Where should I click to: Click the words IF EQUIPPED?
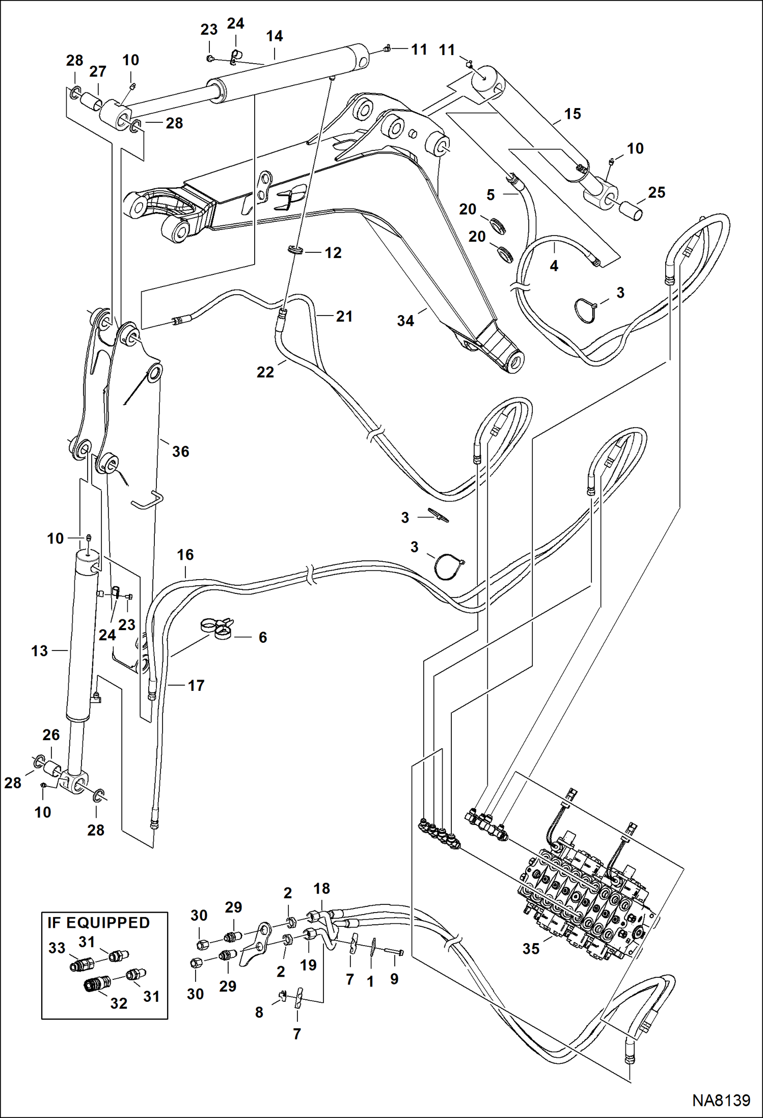coord(98,923)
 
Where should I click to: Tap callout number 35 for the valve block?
coord(530,949)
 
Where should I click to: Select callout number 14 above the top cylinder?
coord(275,36)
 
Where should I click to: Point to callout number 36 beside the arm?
coord(180,451)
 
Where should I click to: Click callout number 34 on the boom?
coord(405,321)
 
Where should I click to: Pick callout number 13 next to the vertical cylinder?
coord(39,651)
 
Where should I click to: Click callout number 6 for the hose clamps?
coord(263,637)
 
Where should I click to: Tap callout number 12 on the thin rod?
coord(333,252)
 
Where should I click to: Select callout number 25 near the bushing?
coord(657,192)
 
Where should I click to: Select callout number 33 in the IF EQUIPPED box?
coord(57,948)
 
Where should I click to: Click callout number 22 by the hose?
coord(265,372)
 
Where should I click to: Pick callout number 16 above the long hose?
coord(185,555)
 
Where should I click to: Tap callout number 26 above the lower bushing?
coord(51,735)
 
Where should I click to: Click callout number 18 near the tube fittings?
coord(321,889)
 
